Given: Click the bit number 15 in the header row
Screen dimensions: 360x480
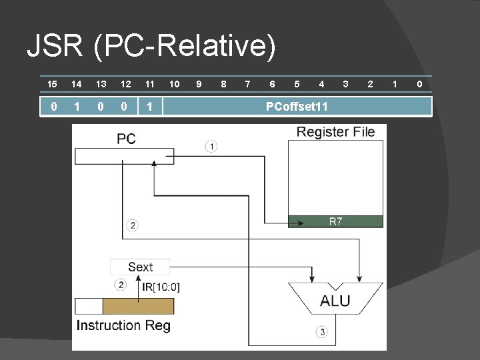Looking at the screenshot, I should point(52,84).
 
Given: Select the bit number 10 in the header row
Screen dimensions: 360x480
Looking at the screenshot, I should point(174,84).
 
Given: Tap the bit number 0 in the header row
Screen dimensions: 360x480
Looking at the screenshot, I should point(419,84).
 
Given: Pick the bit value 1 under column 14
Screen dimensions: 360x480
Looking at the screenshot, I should point(77,107).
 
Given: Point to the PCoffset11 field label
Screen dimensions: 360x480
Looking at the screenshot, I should point(297,107).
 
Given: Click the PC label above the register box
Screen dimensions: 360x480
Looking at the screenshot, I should point(126,139).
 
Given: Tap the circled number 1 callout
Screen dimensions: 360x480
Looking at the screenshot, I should point(211,146).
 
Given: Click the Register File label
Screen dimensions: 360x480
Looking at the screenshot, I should point(335,132).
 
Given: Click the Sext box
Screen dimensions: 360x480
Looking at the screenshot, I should point(140,267).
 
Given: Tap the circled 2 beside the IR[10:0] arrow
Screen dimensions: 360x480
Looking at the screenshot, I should point(120,285).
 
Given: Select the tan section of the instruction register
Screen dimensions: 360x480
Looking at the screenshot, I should point(138,306).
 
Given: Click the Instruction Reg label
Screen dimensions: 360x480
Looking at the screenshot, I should point(123,325).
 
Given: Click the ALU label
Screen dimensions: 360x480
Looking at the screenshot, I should point(335,301).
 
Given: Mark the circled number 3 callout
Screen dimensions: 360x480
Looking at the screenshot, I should point(322,331).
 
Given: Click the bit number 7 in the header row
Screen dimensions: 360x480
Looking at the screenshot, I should point(247,84).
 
